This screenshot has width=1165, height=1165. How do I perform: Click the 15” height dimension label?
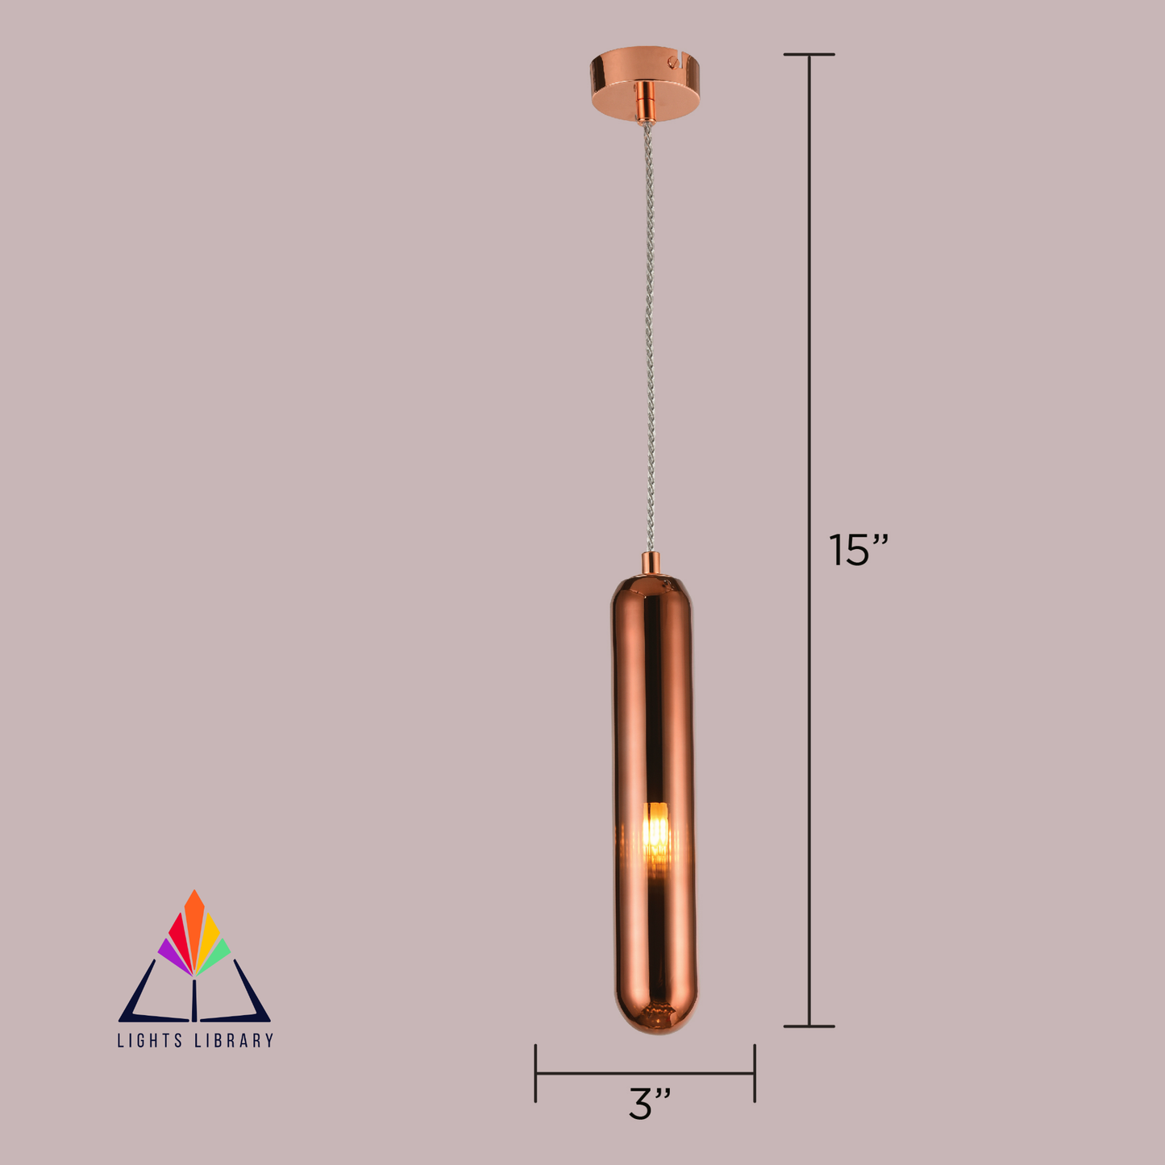click(858, 551)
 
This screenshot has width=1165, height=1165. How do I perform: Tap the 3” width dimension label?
click(649, 1104)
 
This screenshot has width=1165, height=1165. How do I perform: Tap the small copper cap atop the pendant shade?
click(651, 563)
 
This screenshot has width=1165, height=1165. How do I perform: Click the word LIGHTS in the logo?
click(150, 1041)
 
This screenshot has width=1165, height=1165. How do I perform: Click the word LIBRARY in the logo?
click(235, 1041)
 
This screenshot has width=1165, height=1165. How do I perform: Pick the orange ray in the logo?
click(194, 919)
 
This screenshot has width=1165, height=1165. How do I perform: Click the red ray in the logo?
click(179, 935)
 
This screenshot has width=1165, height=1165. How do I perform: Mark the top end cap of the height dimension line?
click(809, 55)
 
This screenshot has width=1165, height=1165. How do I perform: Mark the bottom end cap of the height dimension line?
click(809, 1026)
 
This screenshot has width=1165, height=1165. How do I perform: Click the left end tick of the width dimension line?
click(535, 1073)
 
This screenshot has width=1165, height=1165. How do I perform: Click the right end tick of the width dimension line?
click(755, 1073)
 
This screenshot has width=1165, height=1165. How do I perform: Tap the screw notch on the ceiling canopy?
click(670, 60)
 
